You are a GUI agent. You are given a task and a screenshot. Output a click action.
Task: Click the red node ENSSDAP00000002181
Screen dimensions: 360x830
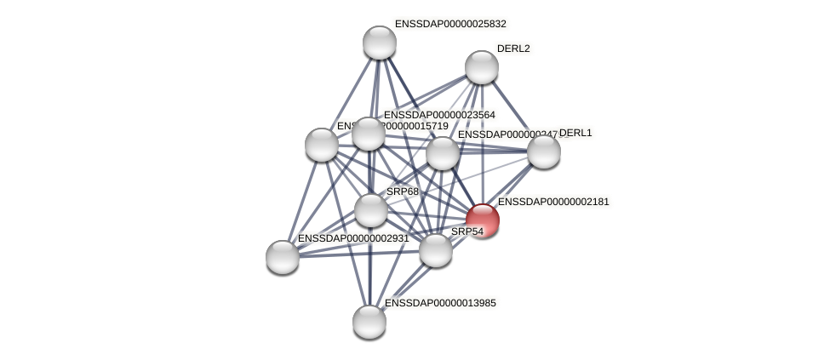coord(482,220)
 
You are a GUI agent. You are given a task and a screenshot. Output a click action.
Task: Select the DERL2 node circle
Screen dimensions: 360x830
coord(481,67)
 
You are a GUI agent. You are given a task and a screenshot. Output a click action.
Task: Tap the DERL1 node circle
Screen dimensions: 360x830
coord(543,151)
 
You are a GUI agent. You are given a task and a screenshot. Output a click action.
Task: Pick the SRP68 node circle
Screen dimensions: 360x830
coord(370,209)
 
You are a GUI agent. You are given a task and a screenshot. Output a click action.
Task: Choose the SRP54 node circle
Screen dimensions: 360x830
coord(435,249)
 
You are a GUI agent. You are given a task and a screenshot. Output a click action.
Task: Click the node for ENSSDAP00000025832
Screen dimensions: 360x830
coord(379,43)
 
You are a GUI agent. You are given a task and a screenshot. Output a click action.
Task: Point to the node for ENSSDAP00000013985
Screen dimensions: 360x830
coord(369,321)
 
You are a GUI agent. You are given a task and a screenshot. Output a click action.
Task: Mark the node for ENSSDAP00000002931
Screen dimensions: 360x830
coord(283,256)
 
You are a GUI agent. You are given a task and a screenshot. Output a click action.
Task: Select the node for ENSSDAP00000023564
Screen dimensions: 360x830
coord(368,134)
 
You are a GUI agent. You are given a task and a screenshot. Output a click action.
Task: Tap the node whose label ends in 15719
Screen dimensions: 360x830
coord(322,145)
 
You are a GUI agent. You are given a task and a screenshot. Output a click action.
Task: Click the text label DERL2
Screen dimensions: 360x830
coord(513,49)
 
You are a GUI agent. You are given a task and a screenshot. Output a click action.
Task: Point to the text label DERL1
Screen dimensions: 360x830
coord(575,133)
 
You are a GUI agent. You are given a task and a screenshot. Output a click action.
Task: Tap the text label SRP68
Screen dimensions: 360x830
coord(403,191)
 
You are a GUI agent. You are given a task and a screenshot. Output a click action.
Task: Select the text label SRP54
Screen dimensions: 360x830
coord(467,231)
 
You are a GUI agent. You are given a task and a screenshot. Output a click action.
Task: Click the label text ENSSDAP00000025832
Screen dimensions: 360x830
coord(450,24)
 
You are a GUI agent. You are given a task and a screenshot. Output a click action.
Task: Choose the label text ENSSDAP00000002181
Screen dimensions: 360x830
coord(553,202)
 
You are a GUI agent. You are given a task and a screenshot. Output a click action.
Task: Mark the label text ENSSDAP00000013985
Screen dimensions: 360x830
coord(440,302)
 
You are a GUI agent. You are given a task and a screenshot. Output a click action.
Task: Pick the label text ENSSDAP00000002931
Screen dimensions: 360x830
coord(353,238)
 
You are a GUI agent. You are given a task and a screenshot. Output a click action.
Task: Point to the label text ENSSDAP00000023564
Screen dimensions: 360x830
coord(439,115)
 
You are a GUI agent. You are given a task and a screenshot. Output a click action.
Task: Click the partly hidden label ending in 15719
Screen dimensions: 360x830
coord(417,127)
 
